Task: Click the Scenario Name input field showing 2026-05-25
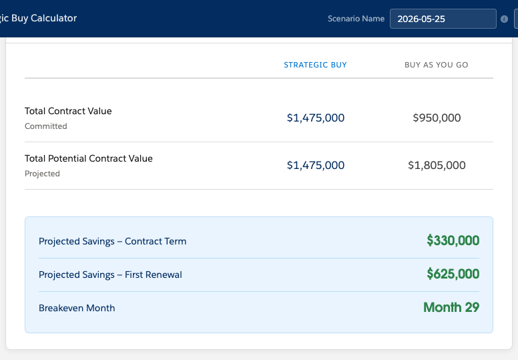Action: pos(443,19)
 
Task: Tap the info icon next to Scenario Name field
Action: pos(504,19)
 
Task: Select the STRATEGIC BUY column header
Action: pos(315,65)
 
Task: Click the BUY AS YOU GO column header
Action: pos(436,65)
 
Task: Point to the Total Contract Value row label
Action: pos(68,111)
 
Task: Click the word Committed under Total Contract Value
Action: pos(46,126)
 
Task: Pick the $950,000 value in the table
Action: pos(437,118)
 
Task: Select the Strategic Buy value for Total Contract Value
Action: pos(316,118)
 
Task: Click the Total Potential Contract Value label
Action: pos(89,158)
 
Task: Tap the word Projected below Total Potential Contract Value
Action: pos(42,174)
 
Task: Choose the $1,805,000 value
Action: pos(437,165)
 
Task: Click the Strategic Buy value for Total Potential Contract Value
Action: pos(316,165)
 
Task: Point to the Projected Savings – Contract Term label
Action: pos(112,241)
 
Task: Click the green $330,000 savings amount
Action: pos(453,240)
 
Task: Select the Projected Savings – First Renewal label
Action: pos(110,275)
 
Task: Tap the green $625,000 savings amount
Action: pos(453,274)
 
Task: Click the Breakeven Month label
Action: pos(77,308)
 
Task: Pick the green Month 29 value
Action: pos(451,307)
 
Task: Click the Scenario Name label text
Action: pos(356,19)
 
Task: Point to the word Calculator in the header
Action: pos(53,18)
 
